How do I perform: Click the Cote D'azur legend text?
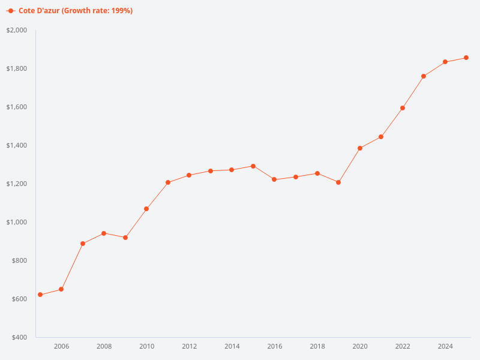pyautogui.click(x=76, y=11)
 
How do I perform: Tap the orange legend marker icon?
pyautogui.click(x=11, y=11)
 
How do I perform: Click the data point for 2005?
pyautogui.click(x=40, y=295)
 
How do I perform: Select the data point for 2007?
pyautogui.click(x=83, y=244)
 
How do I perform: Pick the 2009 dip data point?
pyautogui.click(x=125, y=238)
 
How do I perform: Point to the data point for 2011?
pyautogui.click(x=168, y=182)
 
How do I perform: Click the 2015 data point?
pyautogui.click(x=253, y=166)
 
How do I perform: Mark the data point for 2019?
pyautogui.click(x=338, y=182)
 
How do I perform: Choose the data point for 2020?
pyautogui.click(x=360, y=148)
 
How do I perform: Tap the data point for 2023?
pyautogui.click(x=424, y=76)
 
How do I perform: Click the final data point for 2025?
pyautogui.click(x=466, y=58)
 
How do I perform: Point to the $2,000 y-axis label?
pyautogui.click(x=17, y=30)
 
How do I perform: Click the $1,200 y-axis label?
pyautogui.click(x=17, y=184)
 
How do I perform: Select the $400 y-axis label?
pyautogui.click(x=19, y=337)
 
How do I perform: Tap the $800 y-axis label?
pyautogui.click(x=19, y=260)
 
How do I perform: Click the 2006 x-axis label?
pyautogui.click(x=61, y=346)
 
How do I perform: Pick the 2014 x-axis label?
pyautogui.click(x=232, y=346)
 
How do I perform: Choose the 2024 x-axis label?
pyautogui.click(x=445, y=346)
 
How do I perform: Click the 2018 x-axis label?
pyautogui.click(x=317, y=346)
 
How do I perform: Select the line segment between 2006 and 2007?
pyautogui.click(x=72, y=266)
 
